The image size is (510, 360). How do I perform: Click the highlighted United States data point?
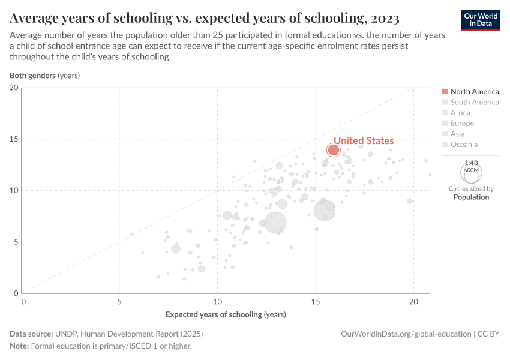point(333,149)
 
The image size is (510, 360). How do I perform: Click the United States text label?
point(364,140)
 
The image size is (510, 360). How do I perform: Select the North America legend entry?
point(474,91)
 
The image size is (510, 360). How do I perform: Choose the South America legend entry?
point(474,102)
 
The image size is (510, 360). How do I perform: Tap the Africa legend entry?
point(460,113)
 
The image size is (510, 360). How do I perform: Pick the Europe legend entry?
point(462,123)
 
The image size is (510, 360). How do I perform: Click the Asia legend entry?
point(457,134)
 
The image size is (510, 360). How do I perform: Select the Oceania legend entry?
point(464,144)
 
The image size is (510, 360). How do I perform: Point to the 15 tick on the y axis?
point(14,139)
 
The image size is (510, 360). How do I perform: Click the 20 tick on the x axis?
point(413,302)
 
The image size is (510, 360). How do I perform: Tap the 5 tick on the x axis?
point(119,302)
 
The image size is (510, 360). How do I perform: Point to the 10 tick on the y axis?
point(14,191)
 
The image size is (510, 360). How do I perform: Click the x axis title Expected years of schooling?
point(226,314)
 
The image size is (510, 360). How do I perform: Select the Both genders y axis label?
point(44,76)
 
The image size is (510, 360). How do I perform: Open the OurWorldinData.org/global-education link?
point(406,334)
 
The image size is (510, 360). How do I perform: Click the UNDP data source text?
point(128,334)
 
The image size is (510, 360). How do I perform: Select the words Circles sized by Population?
point(471,193)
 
